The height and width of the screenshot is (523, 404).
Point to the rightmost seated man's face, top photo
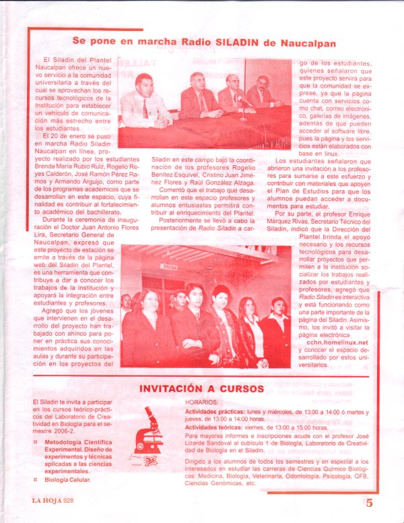[262, 84]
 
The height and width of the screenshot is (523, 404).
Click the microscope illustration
[150, 432]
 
